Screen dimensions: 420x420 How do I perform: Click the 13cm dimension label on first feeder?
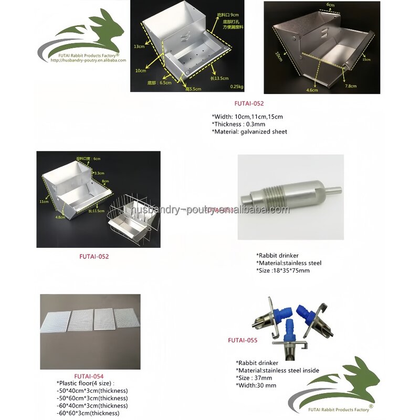(x=139, y=46)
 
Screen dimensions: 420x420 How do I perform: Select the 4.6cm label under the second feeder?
(x=312, y=90)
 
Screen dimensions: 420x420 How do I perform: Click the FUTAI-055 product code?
(x=243, y=340)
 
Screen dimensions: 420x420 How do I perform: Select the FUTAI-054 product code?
(x=89, y=376)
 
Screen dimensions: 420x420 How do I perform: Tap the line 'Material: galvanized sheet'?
(x=249, y=132)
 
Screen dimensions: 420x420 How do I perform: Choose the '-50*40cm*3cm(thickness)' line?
(x=92, y=391)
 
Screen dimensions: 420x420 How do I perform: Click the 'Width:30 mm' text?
(x=256, y=385)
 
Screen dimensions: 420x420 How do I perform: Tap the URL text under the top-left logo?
(x=88, y=60)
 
